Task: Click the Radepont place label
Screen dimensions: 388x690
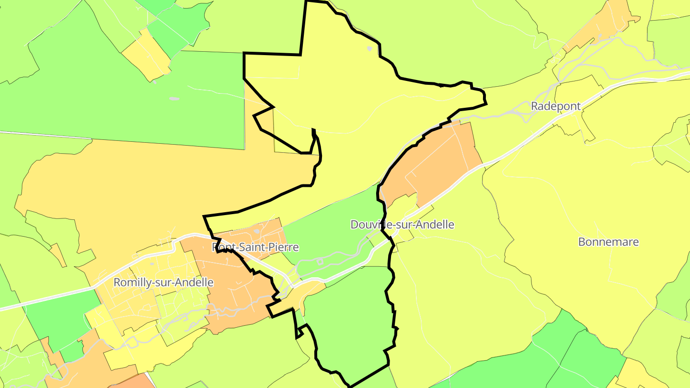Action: [555, 106]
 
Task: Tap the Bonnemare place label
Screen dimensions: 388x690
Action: [608, 242]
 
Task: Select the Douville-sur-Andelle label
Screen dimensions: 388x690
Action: [402, 225]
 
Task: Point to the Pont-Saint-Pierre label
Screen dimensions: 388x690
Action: [255, 247]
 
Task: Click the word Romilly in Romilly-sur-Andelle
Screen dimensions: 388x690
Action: [130, 283]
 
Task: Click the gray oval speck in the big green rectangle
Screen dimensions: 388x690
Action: [174, 99]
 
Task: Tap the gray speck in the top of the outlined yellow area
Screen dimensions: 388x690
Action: [369, 48]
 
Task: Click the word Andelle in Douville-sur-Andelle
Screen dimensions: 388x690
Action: [433, 225]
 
